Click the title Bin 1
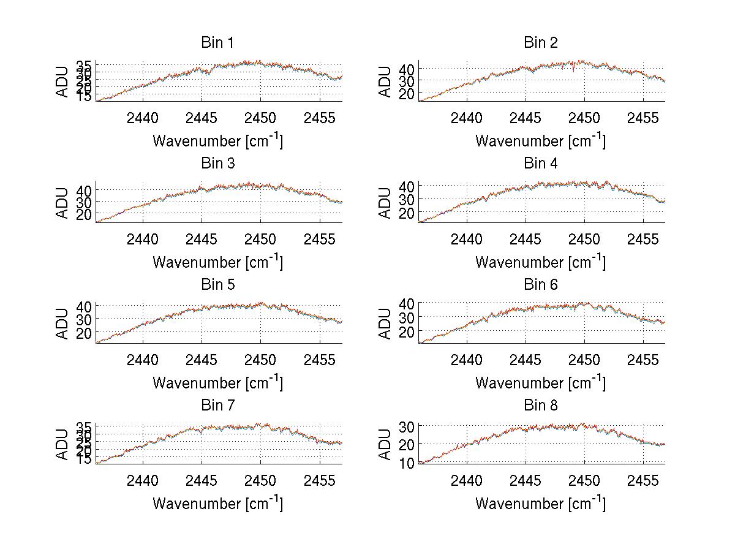(x=217, y=43)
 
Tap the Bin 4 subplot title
(x=541, y=164)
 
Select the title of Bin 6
(x=541, y=285)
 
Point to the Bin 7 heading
(x=217, y=406)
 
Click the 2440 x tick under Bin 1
(x=143, y=118)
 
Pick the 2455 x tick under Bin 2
(x=643, y=118)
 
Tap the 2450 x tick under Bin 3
(x=260, y=239)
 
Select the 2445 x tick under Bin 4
(x=525, y=239)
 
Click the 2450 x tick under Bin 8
(x=584, y=480)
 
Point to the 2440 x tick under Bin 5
(x=143, y=360)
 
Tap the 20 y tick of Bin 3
(x=85, y=214)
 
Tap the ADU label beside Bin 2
(x=385, y=81)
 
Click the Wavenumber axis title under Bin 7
(x=217, y=503)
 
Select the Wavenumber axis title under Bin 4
(x=541, y=262)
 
